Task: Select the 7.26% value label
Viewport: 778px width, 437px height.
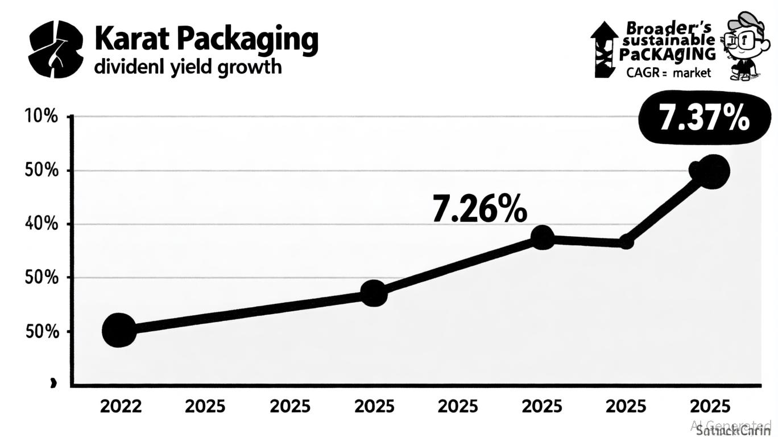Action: [x=479, y=209]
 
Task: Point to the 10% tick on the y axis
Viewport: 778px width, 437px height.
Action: [x=42, y=117]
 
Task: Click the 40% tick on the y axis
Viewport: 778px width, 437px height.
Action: [x=42, y=224]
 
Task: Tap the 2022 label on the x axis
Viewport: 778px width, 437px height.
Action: [x=121, y=406]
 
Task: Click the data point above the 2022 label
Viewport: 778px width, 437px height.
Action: [x=119, y=330]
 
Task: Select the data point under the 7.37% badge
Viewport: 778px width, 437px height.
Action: [x=709, y=171]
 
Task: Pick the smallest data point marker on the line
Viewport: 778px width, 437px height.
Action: [x=626, y=242]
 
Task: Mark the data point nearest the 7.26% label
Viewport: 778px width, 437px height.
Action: [x=543, y=237]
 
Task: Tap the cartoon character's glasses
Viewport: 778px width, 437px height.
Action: [x=740, y=39]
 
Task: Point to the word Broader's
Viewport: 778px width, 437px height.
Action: [x=668, y=27]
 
